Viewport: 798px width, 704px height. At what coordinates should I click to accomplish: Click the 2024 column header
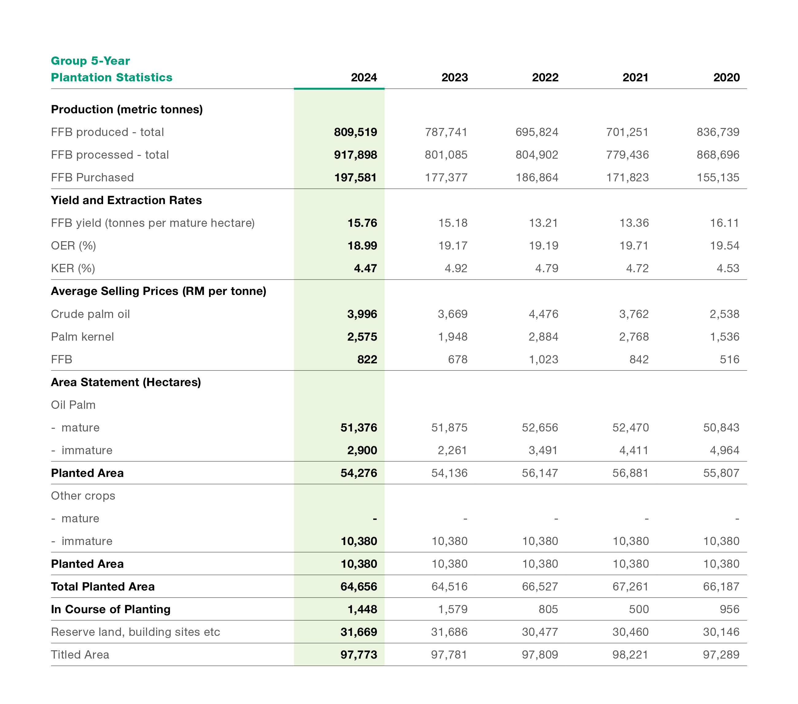[x=364, y=77]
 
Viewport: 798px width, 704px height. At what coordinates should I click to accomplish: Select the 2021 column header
[x=635, y=77]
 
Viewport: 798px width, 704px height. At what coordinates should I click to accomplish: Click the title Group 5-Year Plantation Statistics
[x=112, y=69]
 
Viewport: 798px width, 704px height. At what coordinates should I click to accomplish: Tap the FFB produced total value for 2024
[x=355, y=132]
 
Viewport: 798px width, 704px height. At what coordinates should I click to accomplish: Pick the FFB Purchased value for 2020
[x=718, y=178]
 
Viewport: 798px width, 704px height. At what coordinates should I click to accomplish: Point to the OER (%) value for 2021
[x=634, y=246]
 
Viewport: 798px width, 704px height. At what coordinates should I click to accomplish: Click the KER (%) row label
[x=73, y=269]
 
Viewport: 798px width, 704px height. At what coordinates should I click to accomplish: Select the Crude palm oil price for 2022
[x=544, y=314]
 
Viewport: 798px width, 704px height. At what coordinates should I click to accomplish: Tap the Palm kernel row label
[x=82, y=337]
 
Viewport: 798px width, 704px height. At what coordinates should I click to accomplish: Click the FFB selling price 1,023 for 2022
[x=544, y=360]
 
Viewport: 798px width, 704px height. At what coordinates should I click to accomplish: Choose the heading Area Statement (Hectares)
[x=126, y=382]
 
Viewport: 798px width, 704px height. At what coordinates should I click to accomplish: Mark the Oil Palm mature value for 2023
[x=449, y=427]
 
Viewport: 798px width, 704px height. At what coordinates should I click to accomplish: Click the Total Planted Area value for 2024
[x=359, y=586]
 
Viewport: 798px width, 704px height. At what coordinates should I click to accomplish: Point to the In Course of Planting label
[x=111, y=609]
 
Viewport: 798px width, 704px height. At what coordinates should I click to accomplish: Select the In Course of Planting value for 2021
[x=639, y=609]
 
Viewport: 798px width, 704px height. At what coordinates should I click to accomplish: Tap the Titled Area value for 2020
[x=721, y=655]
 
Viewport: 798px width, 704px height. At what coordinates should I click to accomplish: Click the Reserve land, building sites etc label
[x=135, y=632]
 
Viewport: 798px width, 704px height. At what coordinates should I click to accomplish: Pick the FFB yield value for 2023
[x=453, y=223]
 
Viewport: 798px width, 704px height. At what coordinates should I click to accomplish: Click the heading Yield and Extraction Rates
[x=126, y=200]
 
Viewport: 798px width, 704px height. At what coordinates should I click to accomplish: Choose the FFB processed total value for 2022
[x=537, y=155]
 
